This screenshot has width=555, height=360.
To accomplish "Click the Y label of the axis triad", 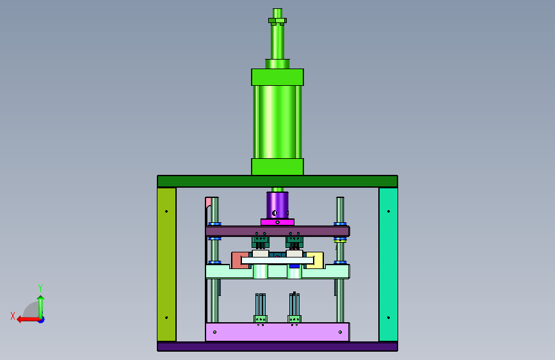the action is [40, 288].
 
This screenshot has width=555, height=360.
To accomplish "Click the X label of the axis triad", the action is [13, 316].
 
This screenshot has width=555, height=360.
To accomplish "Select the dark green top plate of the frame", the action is [278, 181].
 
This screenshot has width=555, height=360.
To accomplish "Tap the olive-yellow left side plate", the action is [166, 265].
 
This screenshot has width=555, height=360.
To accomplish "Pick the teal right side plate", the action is [389, 265].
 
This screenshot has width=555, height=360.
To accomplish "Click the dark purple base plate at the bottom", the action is [278, 347].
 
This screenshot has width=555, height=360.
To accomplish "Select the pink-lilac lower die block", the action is [278, 332].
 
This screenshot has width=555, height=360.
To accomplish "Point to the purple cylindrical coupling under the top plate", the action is [278, 205].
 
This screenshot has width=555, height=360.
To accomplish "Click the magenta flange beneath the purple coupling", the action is [278, 222].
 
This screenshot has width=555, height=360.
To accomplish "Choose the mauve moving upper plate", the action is [278, 231].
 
